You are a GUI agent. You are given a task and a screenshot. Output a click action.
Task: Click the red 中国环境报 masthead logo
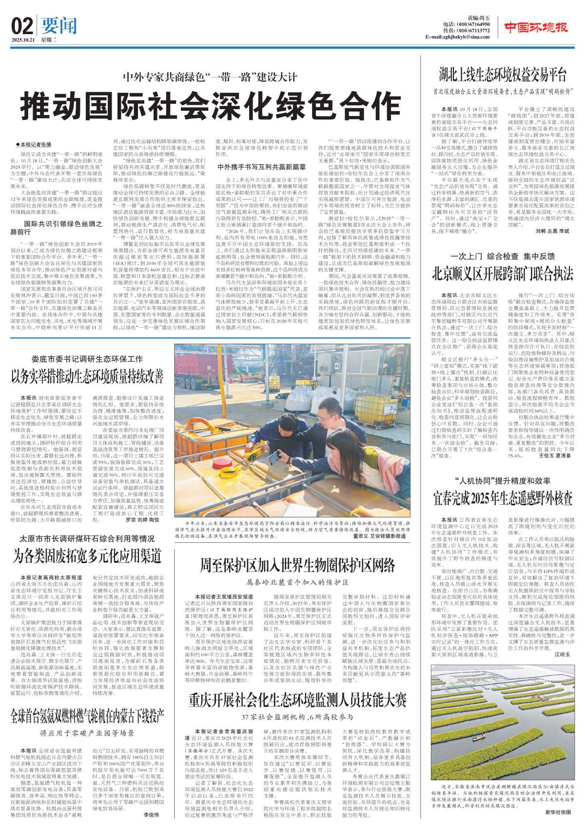(535, 27)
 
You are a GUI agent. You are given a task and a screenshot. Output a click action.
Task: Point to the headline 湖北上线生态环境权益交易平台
(503, 75)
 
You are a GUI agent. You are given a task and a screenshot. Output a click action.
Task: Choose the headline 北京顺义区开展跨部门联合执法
(503, 274)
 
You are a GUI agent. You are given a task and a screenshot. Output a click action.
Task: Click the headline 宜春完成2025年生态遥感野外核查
(503, 498)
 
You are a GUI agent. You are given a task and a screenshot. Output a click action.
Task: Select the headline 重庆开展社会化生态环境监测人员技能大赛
(297, 701)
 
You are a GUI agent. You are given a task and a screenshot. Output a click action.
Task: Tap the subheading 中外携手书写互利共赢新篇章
(262, 167)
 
